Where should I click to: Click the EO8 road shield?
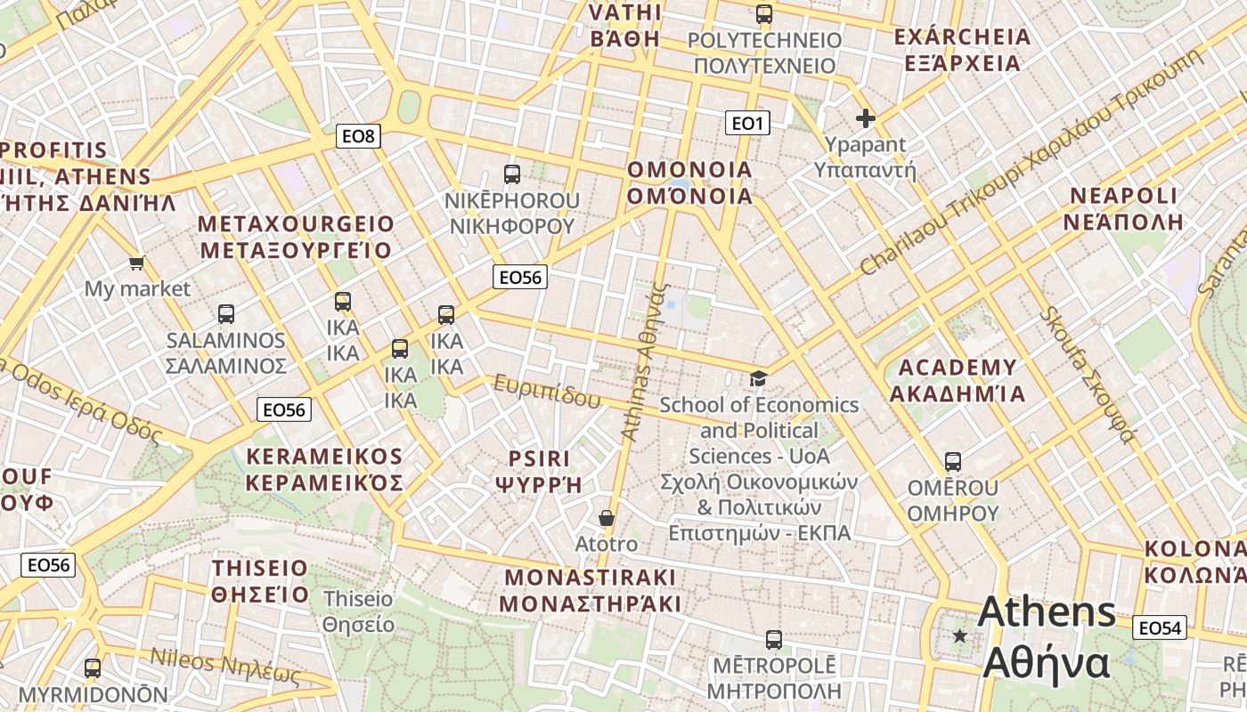(x=360, y=136)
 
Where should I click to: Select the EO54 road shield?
(x=1160, y=628)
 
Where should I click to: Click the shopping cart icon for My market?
(x=136, y=263)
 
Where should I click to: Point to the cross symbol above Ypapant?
(x=865, y=117)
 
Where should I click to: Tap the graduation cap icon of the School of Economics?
(x=758, y=379)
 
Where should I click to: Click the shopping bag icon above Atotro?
(x=607, y=518)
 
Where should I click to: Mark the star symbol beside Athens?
(x=959, y=635)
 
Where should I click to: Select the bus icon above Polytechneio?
(x=764, y=13)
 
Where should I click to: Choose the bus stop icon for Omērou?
(x=953, y=462)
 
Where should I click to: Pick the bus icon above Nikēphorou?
(x=511, y=174)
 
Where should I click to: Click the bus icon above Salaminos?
(x=226, y=313)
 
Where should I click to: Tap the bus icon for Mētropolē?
(x=774, y=639)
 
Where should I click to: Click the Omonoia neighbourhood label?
(x=689, y=182)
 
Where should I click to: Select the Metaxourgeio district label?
(x=296, y=237)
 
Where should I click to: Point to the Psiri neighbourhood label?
(x=538, y=471)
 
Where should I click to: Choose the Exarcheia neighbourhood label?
(x=962, y=50)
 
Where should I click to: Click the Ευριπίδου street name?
(x=547, y=392)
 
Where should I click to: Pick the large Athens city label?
(x=1047, y=637)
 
